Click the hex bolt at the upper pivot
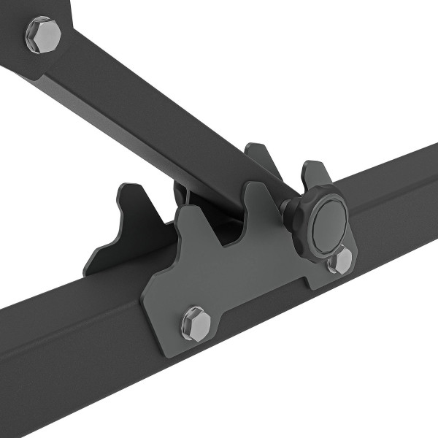click(x=43, y=34)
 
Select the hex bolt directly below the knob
click(x=340, y=261)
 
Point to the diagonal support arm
click(x=146, y=117)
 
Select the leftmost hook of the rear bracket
click(x=124, y=204)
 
